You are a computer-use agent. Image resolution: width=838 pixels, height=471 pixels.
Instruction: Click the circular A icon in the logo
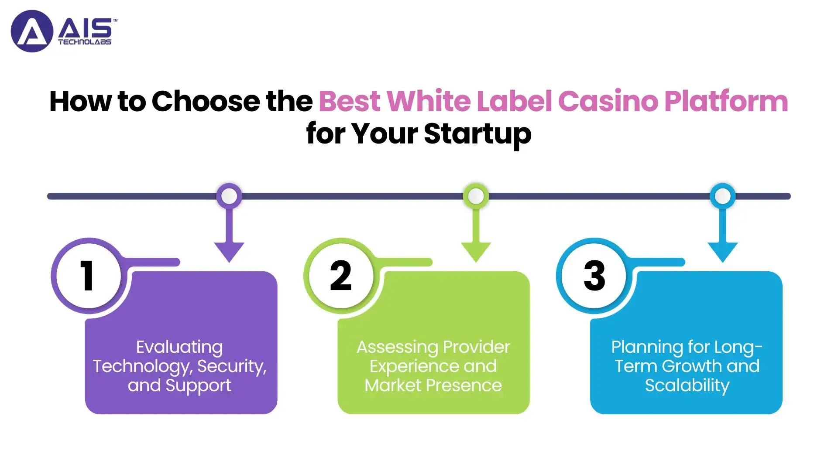point(32,31)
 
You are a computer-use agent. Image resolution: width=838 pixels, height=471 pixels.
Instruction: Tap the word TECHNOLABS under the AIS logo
point(85,42)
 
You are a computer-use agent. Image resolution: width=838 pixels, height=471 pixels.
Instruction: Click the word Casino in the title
point(608,101)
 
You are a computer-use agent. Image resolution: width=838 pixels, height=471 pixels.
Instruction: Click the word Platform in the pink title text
point(726,101)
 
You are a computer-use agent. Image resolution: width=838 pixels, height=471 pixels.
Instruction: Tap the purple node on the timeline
point(229,196)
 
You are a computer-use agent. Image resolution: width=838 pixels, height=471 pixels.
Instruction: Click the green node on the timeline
point(476,196)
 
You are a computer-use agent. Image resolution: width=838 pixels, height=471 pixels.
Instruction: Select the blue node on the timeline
point(723,196)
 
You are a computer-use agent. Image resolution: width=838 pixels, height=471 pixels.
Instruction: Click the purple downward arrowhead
point(229,252)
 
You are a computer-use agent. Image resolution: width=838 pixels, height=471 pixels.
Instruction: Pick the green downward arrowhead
point(476,252)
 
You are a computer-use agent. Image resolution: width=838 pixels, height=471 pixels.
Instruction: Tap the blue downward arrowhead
point(723,252)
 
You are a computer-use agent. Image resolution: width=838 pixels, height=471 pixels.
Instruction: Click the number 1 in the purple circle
point(87,275)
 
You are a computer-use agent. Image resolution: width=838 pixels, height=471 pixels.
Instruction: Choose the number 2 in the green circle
point(341,275)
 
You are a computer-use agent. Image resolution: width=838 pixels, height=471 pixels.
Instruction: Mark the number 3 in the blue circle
point(594,275)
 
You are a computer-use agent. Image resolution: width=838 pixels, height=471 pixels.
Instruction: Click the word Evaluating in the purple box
point(179,348)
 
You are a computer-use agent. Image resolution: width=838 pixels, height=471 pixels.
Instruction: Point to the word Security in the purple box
point(232,366)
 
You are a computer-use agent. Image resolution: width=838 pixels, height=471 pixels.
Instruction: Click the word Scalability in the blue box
point(687,386)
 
